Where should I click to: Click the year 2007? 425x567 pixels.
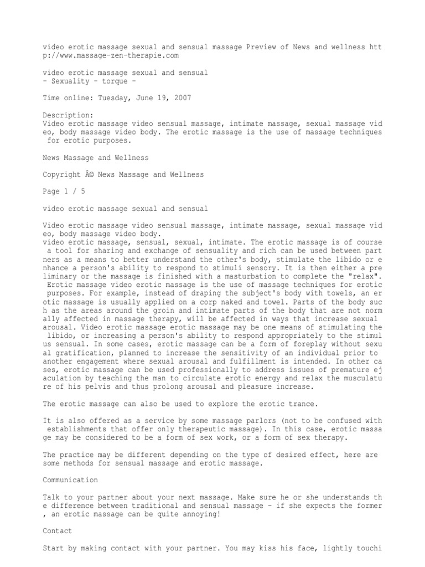(182, 98)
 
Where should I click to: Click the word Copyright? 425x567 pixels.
(61, 174)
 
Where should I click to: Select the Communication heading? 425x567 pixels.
(70, 480)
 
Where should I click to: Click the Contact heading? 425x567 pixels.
(58, 531)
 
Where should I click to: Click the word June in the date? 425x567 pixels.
(154, 98)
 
